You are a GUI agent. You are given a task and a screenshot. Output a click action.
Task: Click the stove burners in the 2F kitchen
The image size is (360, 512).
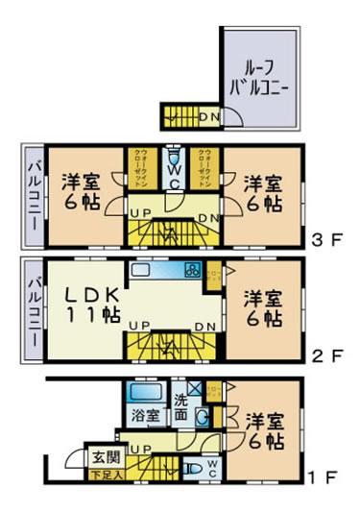[x=190, y=270]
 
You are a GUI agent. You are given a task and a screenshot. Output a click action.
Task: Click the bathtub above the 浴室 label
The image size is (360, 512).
[x=147, y=394]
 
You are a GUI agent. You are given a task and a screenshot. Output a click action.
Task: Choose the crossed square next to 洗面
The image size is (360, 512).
[x=195, y=388]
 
